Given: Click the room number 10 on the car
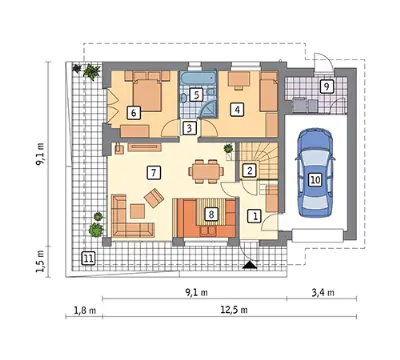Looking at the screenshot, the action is point(315,180).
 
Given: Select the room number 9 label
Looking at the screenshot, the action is point(327,86).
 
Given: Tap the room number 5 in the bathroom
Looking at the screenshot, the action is point(196,95).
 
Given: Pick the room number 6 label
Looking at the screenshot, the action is point(134,113).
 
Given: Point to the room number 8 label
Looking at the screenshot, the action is point(211,214).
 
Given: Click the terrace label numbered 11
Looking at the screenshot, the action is point(88,258).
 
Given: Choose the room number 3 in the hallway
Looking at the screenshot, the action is point(189,128).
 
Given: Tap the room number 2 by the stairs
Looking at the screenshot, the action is point(249,170).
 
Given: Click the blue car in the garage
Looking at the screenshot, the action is point(315,173).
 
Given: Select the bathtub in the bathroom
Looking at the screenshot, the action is point(198,79).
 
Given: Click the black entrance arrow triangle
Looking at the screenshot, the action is point(250,265).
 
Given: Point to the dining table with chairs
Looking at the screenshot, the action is point(206,171).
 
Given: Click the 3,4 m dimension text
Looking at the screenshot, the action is point(323,293).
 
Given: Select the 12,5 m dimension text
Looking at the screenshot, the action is point(234,310).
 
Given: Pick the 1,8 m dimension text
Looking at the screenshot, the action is point(85,311).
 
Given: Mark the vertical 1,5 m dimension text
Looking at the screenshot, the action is point(40,262).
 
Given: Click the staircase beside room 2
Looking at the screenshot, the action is point(259,161).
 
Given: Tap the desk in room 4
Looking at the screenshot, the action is point(239,81).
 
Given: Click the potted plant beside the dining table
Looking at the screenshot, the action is point(229,151).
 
